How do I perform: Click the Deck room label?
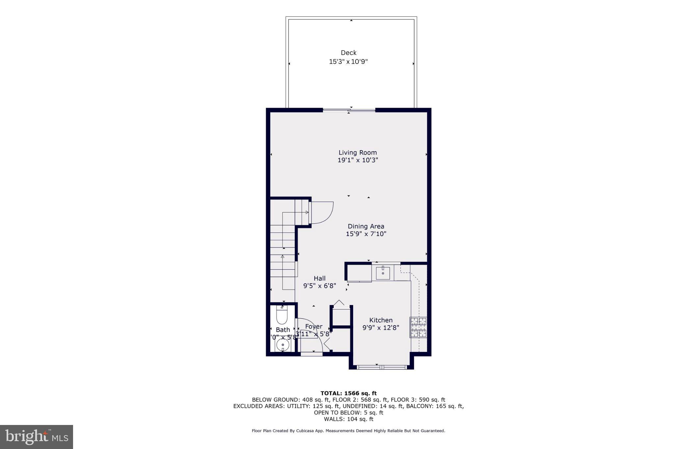[349, 53]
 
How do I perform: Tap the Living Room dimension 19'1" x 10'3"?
[358, 160]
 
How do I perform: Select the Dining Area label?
[366, 226]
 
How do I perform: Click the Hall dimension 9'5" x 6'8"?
[320, 286]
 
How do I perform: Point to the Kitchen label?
[381, 320]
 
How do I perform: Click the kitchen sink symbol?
[383, 273]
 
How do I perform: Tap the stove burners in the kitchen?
[418, 327]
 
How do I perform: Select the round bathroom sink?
[282, 346]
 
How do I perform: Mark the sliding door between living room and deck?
[349, 110]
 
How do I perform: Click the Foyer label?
[313, 327]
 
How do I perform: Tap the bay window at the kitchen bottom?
[382, 367]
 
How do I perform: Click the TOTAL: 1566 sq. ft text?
[349, 393]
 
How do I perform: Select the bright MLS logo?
[37, 437]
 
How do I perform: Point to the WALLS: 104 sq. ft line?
[349, 419]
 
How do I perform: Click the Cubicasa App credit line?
[349, 431]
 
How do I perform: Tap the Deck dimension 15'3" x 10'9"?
[348, 62]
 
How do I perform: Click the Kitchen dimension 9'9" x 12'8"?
[381, 328]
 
